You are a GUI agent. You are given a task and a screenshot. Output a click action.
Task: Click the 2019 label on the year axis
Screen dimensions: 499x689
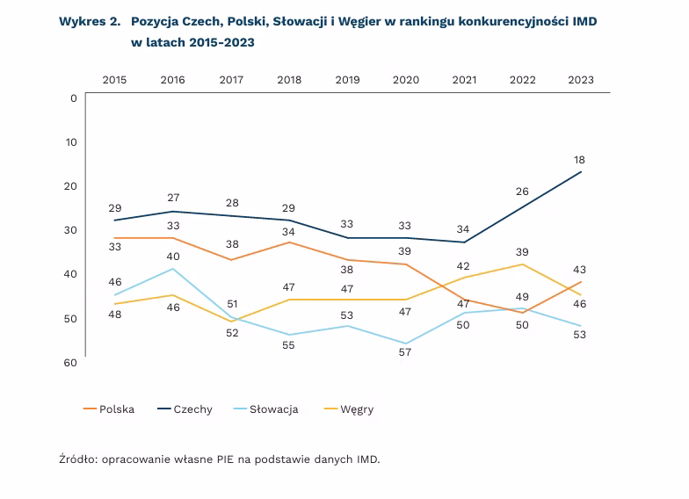point(347,80)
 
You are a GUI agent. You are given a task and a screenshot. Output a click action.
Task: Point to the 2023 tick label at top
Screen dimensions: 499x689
point(581,80)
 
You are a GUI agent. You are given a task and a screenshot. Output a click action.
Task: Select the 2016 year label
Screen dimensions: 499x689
point(172,80)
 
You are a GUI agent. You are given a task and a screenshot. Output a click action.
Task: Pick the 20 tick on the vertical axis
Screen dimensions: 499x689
point(71,185)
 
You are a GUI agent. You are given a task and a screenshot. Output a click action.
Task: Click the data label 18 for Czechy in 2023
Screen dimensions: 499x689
point(580,160)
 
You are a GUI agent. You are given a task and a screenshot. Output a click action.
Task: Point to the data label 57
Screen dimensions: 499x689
point(405,352)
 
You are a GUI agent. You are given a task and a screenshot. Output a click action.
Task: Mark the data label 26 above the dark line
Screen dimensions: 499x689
point(522,192)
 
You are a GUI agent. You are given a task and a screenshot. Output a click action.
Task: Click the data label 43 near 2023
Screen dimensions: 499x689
point(580,270)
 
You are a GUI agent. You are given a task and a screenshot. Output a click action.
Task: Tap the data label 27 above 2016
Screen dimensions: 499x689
point(172,198)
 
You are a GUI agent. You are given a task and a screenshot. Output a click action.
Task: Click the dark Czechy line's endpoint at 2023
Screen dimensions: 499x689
point(581,172)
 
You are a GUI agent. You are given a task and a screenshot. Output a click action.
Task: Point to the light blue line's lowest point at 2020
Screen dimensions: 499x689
point(406,344)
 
